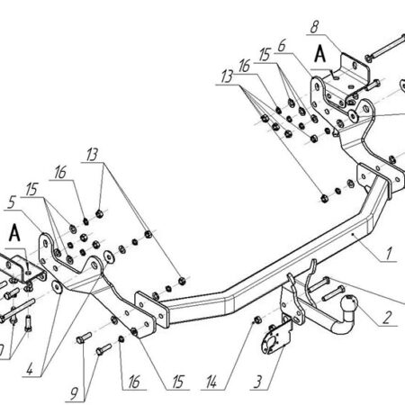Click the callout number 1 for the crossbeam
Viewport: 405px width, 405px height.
click(389, 254)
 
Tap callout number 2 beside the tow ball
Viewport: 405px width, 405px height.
click(387, 318)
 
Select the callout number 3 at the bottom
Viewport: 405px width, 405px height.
click(257, 382)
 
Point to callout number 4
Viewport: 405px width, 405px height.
click(30, 370)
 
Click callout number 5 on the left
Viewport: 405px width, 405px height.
click(12, 202)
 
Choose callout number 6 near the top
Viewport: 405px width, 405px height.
click(282, 46)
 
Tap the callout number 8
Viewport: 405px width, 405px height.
click(314, 27)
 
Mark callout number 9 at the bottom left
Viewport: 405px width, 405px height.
click(74, 393)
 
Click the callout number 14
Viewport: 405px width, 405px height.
click(211, 382)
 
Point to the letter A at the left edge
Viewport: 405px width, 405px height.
click(14, 233)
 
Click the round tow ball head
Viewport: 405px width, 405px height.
click(350, 302)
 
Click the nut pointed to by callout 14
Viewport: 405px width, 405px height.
click(257, 320)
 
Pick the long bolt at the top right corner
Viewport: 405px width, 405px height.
click(385, 47)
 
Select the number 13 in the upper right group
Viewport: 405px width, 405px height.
click(227, 76)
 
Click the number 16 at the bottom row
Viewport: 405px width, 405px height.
click(134, 382)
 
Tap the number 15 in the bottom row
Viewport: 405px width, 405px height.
click(177, 382)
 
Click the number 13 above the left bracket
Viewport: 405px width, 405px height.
click(92, 155)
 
